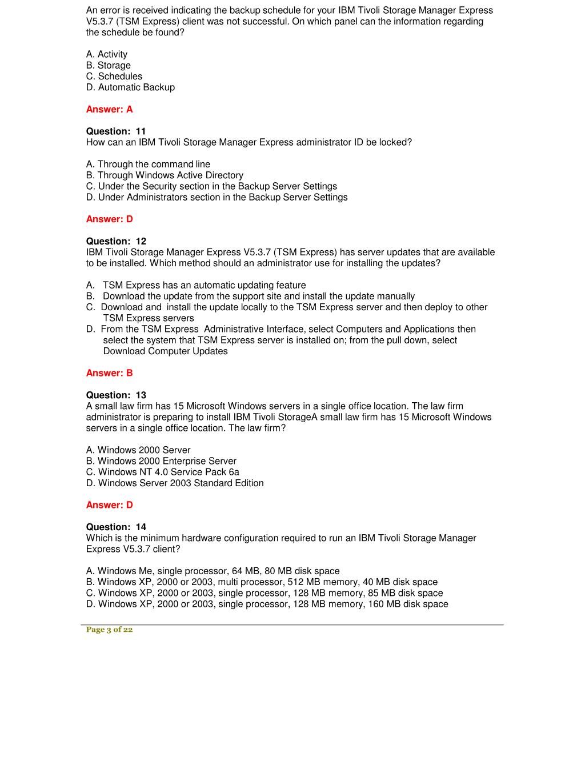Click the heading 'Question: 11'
pos(116,131)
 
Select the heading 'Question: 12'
pos(116,241)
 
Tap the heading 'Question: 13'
pos(116,395)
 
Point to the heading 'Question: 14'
pos(116,527)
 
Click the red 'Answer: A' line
pos(109,109)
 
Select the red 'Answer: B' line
pos(109,373)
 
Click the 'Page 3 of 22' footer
pos(109,630)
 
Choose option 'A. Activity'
pos(107,54)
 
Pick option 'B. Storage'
pos(109,65)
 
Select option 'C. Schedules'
pos(114,76)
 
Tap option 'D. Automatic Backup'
pos(130,87)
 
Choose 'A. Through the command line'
pos(148,164)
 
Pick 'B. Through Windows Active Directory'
pos(165,175)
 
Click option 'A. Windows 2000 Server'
pos(138,450)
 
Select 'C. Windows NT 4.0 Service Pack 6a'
pos(163,472)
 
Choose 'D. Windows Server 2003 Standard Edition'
pos(175,483)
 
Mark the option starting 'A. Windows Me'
pos(213,571)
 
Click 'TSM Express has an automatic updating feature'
pos(204,285)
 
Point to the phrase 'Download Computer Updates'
pos(165,351)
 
